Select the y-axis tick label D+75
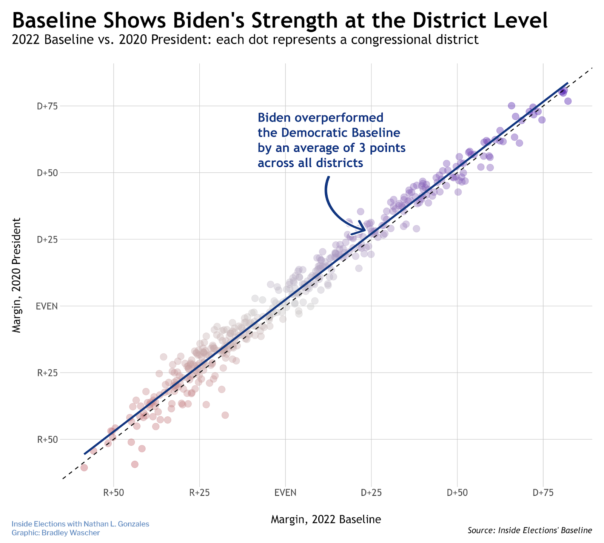point(47,106)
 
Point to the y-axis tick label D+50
point(47,173)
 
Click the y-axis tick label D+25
point(47,239)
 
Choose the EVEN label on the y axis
point(47,306)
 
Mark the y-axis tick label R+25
point(48,373)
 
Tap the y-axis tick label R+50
point(48,440)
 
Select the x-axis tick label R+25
point(199,493)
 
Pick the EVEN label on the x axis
point(285,493)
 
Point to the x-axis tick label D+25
point(371,493)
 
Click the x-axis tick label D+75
point(543,493)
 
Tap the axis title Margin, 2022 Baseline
point(326,520)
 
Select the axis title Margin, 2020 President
point(17,275)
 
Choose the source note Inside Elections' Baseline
point(545,530)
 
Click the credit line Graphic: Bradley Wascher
point(55,533)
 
